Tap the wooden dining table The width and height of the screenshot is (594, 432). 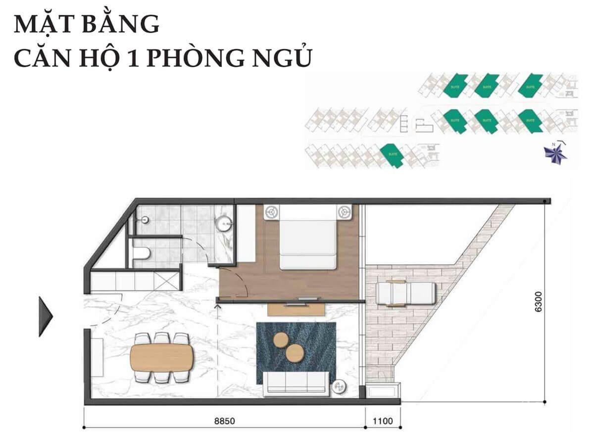coord(162,357)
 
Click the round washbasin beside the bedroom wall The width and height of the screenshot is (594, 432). coord(224,223)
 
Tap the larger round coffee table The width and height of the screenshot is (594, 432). coord(296,353)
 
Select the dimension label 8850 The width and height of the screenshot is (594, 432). coord(224,422)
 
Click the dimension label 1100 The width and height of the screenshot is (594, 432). coord(383,422)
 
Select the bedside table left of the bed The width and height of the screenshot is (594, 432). coord(271,211)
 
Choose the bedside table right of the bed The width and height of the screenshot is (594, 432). coord(344,212)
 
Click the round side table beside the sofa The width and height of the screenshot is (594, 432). coord(340,386)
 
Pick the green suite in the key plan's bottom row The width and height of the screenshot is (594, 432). coord(393,155)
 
